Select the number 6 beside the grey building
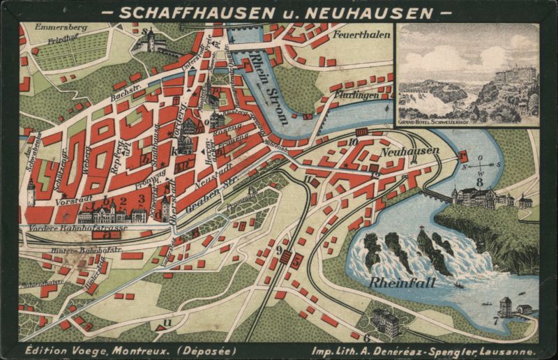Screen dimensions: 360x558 point(366,338)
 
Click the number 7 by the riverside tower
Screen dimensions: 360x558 point(496,322)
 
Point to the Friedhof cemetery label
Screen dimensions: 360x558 point(62,40)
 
